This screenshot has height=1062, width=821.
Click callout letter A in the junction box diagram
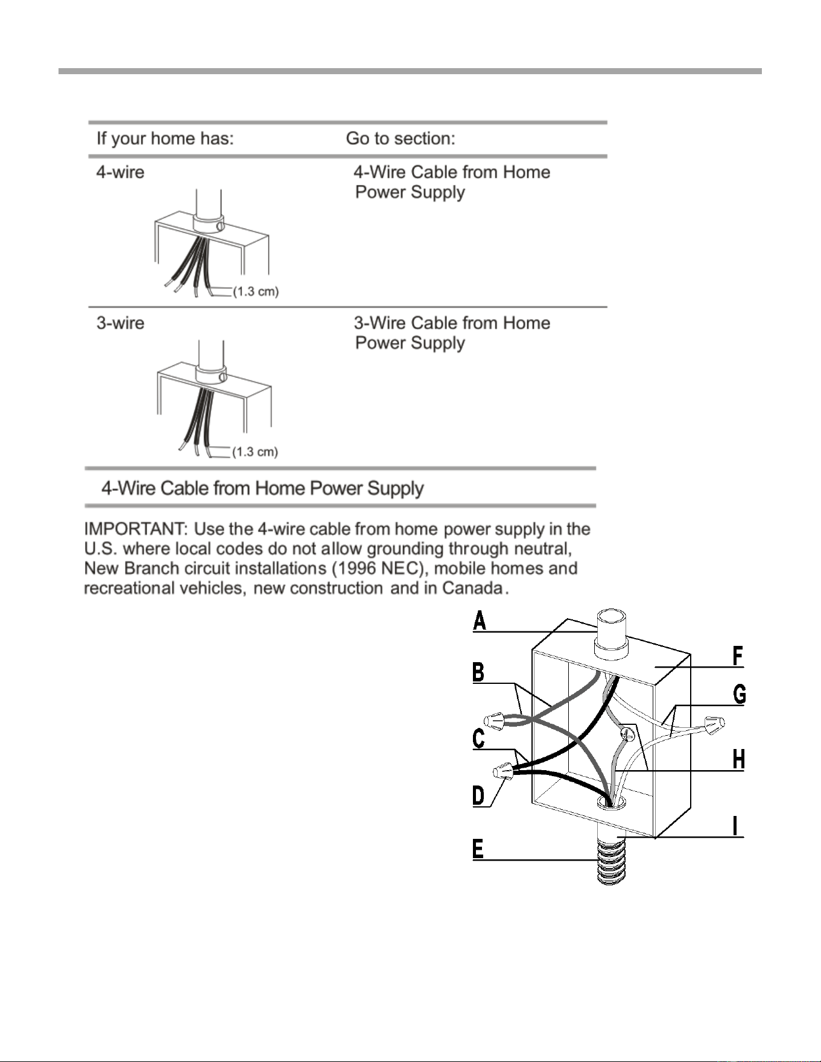[x=480, y=620]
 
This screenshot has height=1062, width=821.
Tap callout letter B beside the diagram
[x=478, y=672]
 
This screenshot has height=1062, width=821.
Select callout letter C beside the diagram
[x=479, y=739]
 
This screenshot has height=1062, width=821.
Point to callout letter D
[x=478, y=796]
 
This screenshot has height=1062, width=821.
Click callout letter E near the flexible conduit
[x=478, y=849]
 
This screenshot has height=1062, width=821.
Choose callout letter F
[x=738, y=656]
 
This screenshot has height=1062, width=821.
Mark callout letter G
[x=740, y=695]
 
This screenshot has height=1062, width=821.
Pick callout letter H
[x=739, y=760]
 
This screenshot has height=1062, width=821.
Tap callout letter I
[x=735, y=826]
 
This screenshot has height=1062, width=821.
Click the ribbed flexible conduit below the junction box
[x=612, y=856]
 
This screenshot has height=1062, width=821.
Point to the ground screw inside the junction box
[x=628, y=735]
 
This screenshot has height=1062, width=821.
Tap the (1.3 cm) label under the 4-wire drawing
[x=256, y=292]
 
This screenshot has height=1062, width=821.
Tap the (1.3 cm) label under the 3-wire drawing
[x=255, y=452]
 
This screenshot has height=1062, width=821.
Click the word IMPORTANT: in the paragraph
[x=136, y=529]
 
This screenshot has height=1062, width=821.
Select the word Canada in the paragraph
[x=473, y=588]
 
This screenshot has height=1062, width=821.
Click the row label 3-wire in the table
[x=121, y=323]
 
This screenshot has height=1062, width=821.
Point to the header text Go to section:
[x=401, y=139]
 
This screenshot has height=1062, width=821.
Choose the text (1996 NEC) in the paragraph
[x=381, y=569]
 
